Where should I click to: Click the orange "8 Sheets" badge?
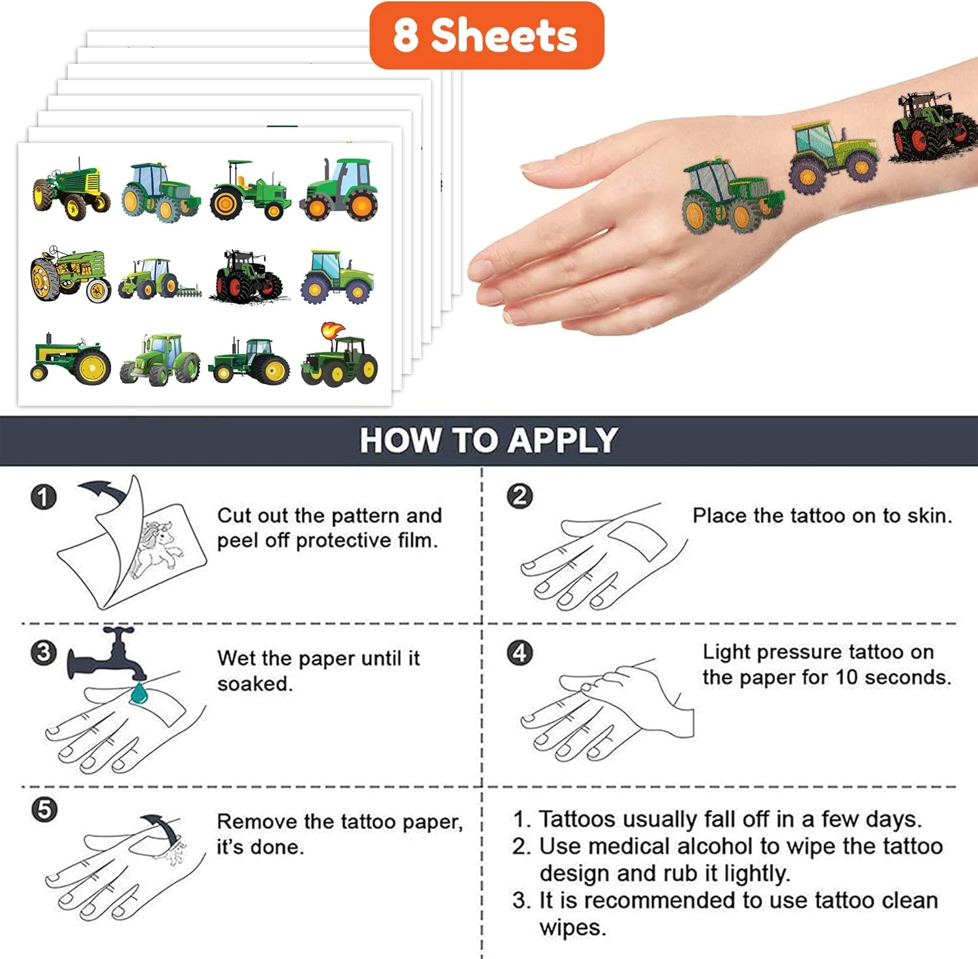click(486, 35)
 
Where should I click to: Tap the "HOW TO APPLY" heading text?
click(488, 440)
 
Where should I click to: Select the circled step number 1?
click(44, 497)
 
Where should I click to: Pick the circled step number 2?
click(520, 496)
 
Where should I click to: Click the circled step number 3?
click(44, 652)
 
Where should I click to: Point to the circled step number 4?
click(520, 652)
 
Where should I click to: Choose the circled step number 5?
click(44, 810)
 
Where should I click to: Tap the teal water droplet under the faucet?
click(138, 693)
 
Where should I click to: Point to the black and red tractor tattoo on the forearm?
click(934, 126)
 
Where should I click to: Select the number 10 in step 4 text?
click(846, 677)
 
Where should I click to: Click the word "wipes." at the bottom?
click(572, 928)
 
